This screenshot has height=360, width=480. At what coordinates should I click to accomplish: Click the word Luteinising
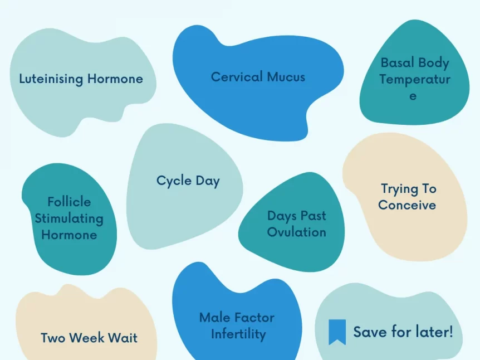point(51,79)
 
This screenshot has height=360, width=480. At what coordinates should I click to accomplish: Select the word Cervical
point(237,77)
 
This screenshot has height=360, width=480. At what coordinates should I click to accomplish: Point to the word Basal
point(396,62)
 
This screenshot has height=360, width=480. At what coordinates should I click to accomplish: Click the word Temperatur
point(415,79)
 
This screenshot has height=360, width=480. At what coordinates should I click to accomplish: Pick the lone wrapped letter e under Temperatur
point(413,96)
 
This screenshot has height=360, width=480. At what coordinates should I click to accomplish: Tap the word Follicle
point(69,202)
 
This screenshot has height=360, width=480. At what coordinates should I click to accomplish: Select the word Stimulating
point(69,219)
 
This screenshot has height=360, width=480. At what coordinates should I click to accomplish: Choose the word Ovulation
point(296,232)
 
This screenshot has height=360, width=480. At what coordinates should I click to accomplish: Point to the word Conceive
point(407,205)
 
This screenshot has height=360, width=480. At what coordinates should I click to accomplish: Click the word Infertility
point(238,334)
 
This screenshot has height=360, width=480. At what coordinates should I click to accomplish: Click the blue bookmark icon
point(337,332)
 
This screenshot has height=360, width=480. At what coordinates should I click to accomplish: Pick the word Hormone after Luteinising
point(115,79)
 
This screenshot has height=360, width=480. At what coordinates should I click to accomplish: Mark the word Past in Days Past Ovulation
point(314,216)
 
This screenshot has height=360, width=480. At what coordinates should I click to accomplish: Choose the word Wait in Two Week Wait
point(123,338)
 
